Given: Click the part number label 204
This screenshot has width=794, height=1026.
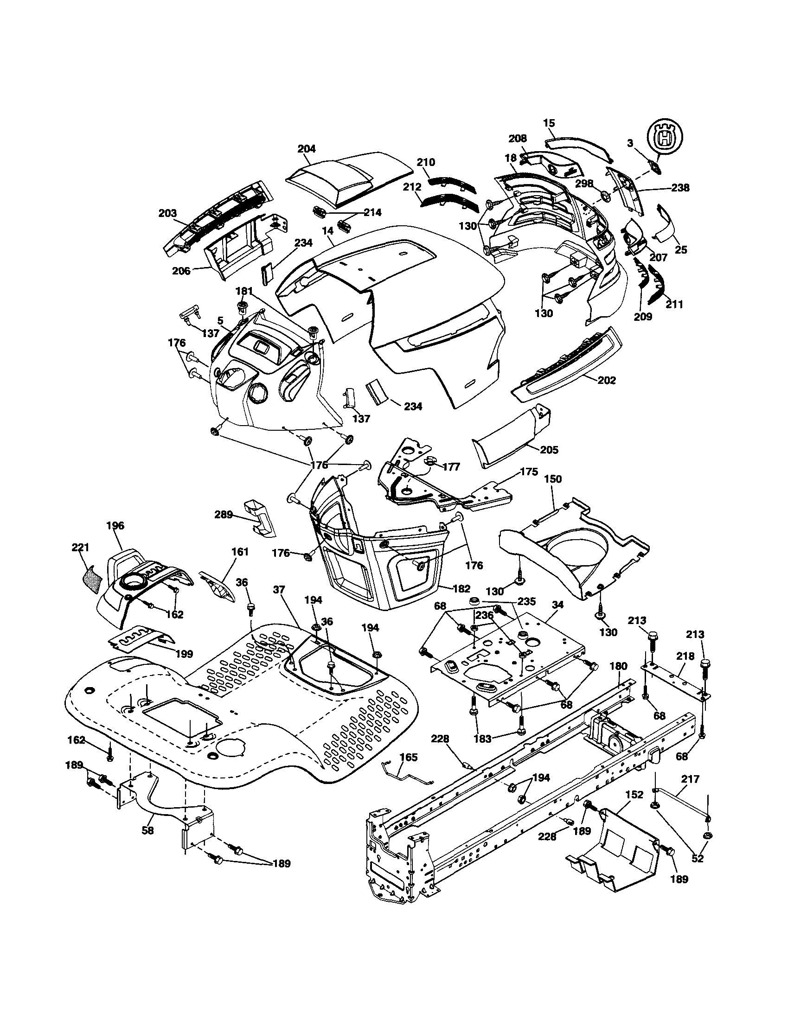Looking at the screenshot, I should [x=307, y=149].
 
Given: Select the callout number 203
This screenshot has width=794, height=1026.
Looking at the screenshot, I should [x=167, y=213].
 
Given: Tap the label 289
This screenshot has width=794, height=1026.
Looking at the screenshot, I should [x=224, y=515].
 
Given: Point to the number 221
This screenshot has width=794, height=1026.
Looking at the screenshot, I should [x=80, y=547].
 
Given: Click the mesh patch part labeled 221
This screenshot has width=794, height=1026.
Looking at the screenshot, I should [x=92, y=579].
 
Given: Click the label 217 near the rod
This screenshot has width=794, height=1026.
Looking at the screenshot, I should [x=690, y=779].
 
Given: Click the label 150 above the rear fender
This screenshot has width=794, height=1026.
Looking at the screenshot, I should [x=552, y=479].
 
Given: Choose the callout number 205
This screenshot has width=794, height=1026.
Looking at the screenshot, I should [x=549, y=450].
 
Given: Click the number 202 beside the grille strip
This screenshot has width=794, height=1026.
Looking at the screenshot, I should [x=607, y=381].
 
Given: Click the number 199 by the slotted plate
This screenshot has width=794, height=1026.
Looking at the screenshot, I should [x=184, y=654].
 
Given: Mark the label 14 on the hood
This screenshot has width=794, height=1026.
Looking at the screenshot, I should [x=328, y=231].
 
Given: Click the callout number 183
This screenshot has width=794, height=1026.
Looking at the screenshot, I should [x=482, y=739].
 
